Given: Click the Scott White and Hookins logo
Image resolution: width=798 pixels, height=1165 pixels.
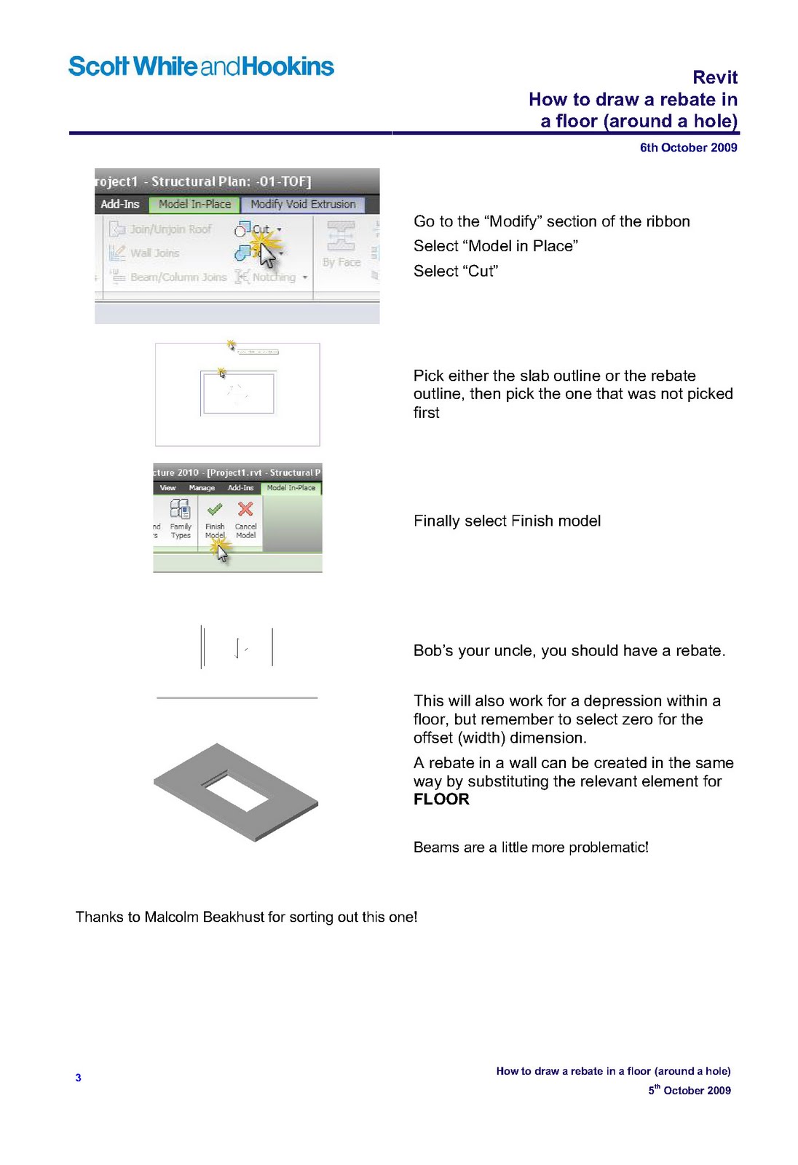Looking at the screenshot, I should coord(201,66).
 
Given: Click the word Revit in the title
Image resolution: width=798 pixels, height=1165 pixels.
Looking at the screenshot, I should coord(714,77).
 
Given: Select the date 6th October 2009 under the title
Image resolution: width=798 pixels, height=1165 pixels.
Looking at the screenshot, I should coord(688,148).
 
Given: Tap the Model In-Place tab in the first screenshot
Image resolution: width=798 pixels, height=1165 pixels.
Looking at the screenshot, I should coord(194,205).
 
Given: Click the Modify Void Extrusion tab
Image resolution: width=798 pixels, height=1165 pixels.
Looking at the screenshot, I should coord(303,205).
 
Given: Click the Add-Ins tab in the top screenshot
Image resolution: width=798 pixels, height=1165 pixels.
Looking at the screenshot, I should coord(120,205).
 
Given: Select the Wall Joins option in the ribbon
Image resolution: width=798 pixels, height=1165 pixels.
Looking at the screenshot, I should coord(154,253).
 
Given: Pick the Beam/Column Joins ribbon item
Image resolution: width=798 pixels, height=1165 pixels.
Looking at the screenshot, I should coord(178,277).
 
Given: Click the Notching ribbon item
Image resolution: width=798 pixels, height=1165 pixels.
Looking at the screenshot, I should coord(274,277).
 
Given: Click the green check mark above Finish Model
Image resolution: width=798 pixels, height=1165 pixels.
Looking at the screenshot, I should coord(215,509).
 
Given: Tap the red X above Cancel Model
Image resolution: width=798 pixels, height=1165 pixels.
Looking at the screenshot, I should coord(245,509).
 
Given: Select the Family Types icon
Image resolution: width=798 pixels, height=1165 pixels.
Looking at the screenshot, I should coord(180,509).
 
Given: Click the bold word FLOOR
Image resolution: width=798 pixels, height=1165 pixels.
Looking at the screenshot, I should coord(441,799).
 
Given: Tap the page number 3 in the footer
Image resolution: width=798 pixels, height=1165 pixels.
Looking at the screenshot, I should coord(78,1078).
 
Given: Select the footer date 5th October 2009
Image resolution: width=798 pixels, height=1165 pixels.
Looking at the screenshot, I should coord(690,1090).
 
